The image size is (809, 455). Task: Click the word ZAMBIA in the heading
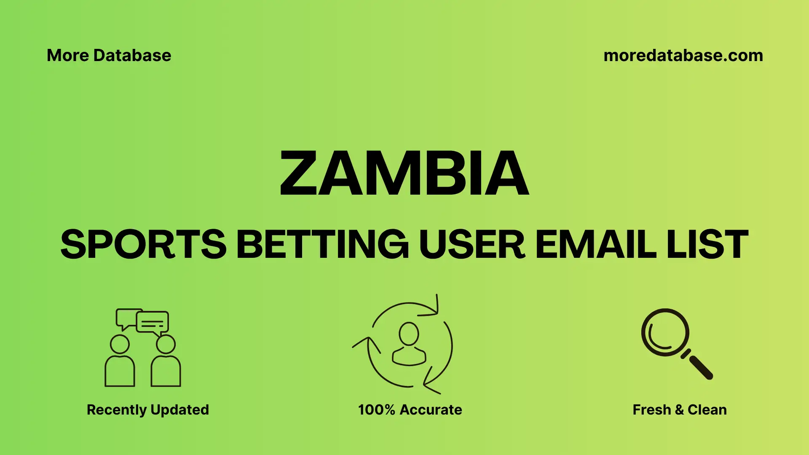(404, 173)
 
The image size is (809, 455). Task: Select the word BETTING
(322, 244)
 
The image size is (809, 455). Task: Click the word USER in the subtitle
(472, 244)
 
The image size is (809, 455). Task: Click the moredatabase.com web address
(683, 56)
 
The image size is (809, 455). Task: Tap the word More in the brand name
(67, 56)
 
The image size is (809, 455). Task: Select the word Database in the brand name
(132, 56)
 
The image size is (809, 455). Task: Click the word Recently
(117, 410)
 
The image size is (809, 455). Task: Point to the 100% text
(376, 410)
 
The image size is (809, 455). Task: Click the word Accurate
(431, 410)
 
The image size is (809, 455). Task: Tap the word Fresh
(651, 410)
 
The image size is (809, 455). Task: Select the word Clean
(707, 410)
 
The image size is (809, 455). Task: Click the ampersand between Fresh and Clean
(679, 410)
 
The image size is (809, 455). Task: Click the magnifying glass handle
(700, 367)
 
